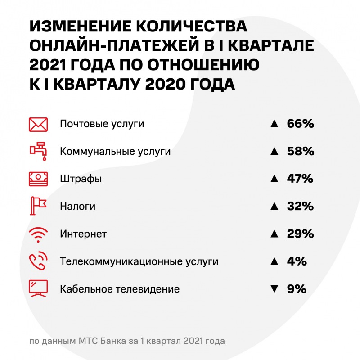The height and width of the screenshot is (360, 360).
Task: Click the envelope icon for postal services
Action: tap(38, 124)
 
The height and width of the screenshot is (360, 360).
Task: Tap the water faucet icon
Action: tap(38, 151)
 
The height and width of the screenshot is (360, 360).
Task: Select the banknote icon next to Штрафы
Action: tap(38, 179)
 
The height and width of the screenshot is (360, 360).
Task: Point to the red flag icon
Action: tap(38, 206)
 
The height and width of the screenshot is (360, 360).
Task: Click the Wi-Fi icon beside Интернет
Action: tap(38, 234)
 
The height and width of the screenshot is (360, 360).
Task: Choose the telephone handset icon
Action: tap(38, 261)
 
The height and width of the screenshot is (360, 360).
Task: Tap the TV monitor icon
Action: tap(38, 288)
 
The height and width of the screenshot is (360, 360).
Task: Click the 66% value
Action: tap(300, 124)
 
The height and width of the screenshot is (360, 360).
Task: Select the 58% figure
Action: tap(300, 151)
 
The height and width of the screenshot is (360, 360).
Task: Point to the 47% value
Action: tap(300, 179)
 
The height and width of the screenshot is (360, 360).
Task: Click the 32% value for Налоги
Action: tap(300, 206)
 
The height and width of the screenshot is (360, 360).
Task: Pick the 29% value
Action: tap(300, 234)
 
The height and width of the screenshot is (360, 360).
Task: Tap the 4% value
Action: tap(297, 261)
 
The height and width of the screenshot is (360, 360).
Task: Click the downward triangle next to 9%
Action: tap(273, 289)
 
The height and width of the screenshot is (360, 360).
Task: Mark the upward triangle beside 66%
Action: tap(273, 124)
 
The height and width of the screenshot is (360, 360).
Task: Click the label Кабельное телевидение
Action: tap(120, 289)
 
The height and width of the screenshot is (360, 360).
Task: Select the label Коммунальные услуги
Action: tap(115, 152)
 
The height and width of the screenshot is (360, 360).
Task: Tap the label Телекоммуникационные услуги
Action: tap(139, 261)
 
